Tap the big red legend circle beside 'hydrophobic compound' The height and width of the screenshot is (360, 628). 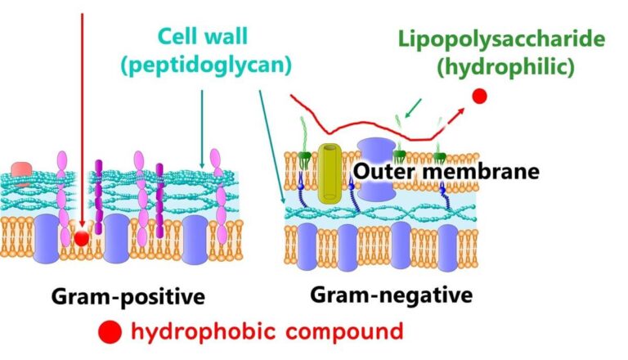coord(110,332)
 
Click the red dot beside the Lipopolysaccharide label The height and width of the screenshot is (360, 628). coord(480,97)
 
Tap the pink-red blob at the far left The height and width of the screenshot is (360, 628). coord(22,171)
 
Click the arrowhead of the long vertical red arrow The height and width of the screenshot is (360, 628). coord(83,221)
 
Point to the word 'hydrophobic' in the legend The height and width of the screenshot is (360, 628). coord(200,332)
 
